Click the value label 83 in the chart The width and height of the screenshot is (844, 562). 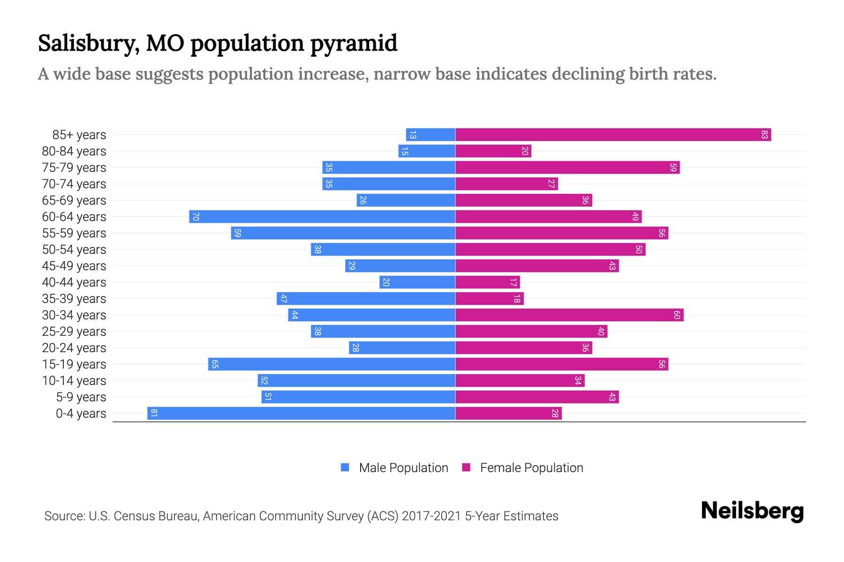pyautogui.click(x=764, y=135)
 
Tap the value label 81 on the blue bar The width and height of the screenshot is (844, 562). pyautogui.click(x=154, y=414)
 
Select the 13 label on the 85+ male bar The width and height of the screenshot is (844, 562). pyautogui.click(x=413, y=135)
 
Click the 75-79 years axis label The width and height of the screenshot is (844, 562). pyautogui.click(x=74, y=168)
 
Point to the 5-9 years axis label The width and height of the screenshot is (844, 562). pyautogui.click(x=81, y=397)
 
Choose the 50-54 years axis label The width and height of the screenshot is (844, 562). pyautogui.click(x=74, y=250)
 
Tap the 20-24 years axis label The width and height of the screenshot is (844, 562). pyautogui.click(x=74, y=348)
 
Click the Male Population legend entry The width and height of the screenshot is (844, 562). pyautogui.click(x=403, y=468)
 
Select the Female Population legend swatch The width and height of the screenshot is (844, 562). pyautogui.click(x=466, y=467)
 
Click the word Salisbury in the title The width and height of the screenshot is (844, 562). pyautogui.click(x=88, y=44)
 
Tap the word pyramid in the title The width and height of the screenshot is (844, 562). pyautogui.click(x=354, y=44)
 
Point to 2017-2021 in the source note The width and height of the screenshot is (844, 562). pyautogui.click(x=431, y=516)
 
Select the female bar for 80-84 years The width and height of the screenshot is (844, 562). pyautogui.click(x=492, y=151)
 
